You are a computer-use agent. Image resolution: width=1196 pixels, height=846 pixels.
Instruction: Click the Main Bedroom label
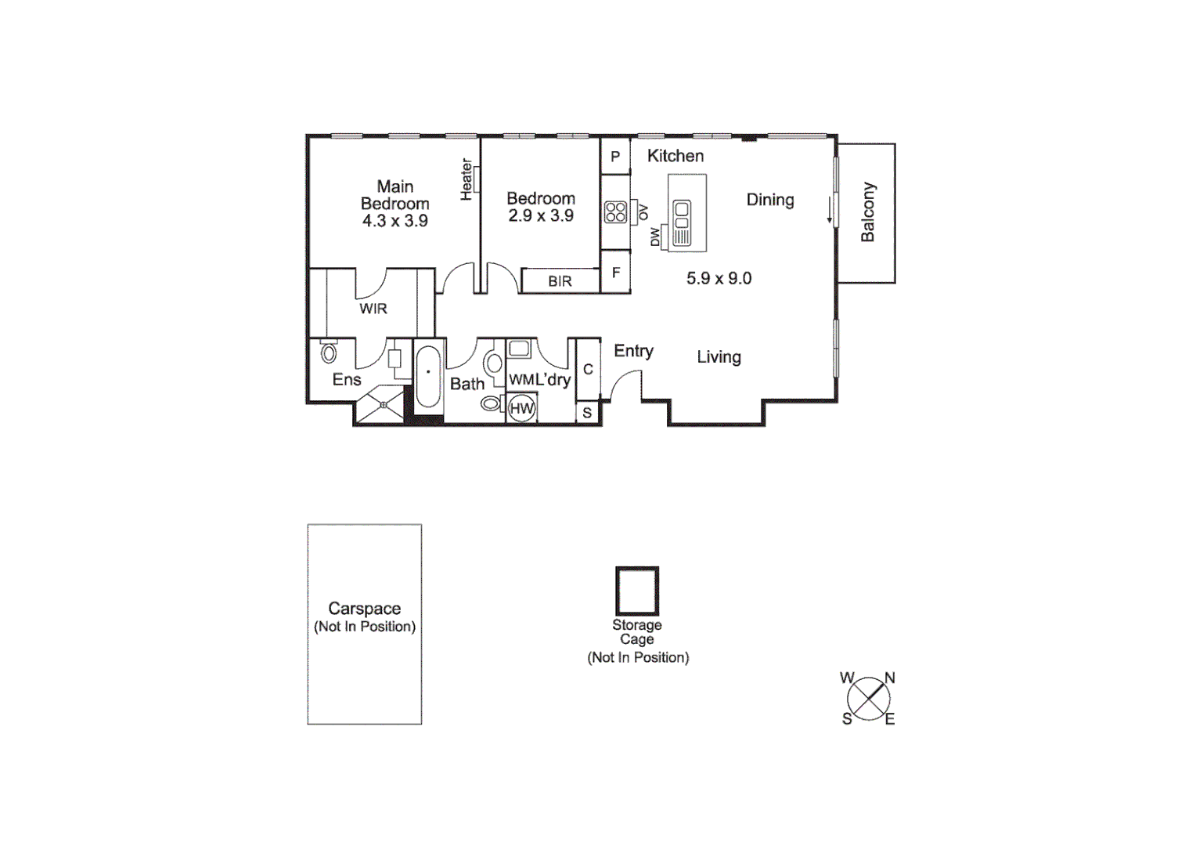point(394,204)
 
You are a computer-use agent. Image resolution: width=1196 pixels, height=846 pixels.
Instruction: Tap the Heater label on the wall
point(467,179)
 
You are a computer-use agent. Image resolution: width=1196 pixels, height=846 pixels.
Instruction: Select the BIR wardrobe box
point(560,281)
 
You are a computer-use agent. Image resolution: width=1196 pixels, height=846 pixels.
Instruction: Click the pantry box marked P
point(615,157)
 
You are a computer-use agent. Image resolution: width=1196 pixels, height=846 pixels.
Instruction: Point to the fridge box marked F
point(616,273)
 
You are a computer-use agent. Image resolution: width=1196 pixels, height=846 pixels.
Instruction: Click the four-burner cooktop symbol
point(616,212)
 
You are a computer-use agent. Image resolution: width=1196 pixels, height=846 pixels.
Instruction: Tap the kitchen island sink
point(682,210)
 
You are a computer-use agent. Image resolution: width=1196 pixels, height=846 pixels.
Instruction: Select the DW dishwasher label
point(655,237)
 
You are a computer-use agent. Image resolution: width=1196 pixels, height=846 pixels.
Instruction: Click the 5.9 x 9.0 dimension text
point(719,278)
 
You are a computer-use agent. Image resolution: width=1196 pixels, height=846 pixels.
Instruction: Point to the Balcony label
point(867,212)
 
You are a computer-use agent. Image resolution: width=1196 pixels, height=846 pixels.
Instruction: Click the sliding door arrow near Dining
point(830,210)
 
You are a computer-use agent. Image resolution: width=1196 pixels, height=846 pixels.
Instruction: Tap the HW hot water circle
point(521,408)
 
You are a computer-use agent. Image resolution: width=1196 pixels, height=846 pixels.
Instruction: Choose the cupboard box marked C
point(588,369)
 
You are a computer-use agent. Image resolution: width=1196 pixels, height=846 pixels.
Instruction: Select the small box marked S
point(587,413)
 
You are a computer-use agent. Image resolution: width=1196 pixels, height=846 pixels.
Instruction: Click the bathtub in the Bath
point(428,378)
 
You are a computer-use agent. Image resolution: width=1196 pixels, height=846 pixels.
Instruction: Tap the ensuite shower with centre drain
point(381,406)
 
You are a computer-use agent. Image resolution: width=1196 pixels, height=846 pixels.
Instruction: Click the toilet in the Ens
point(329,353)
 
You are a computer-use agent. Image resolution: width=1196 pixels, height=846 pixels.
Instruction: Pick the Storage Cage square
point(637,591)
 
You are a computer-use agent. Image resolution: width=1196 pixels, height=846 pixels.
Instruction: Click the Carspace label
point(364,609)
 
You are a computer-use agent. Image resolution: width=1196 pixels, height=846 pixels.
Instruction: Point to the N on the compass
point(890,678)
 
